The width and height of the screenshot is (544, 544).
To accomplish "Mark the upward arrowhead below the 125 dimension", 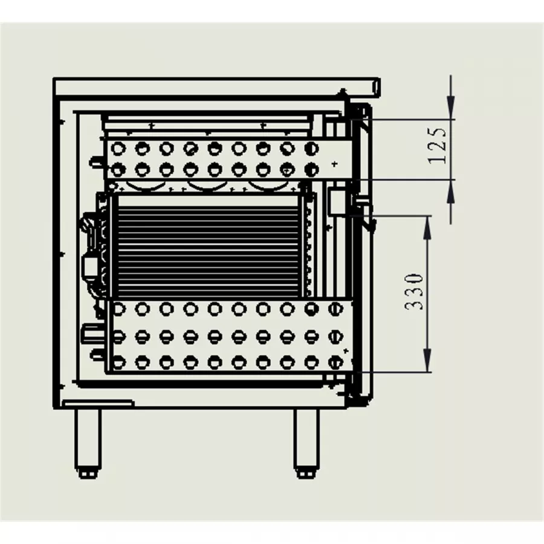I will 451,189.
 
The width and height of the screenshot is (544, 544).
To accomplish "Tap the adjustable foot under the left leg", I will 88,473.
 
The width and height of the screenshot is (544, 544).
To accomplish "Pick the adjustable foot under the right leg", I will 306,473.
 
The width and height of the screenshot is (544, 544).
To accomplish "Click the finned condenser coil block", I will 206,246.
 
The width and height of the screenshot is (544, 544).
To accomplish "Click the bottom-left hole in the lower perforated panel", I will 118,362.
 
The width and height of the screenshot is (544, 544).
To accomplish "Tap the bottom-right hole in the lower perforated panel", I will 335,362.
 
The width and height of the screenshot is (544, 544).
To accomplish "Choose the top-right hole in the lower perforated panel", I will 335,308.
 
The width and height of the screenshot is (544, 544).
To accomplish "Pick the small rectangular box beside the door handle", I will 335,201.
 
